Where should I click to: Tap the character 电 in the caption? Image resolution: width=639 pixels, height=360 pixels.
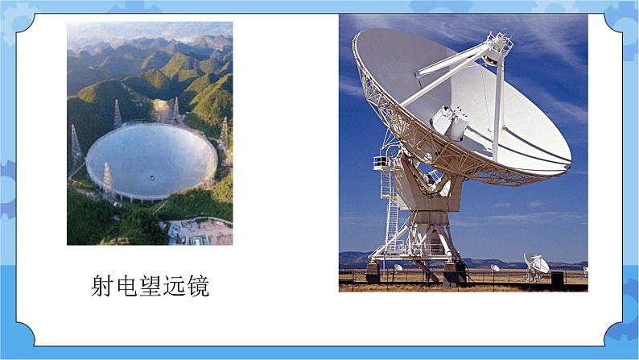(126, 285)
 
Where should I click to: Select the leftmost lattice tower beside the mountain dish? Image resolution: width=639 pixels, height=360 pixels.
(75, 145)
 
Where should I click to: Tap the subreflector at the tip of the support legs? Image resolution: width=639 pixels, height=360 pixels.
(497, 48)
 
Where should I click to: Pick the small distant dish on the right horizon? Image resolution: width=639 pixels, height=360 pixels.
(537, 263)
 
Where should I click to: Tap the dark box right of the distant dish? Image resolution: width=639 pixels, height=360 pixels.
(557, 278)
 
